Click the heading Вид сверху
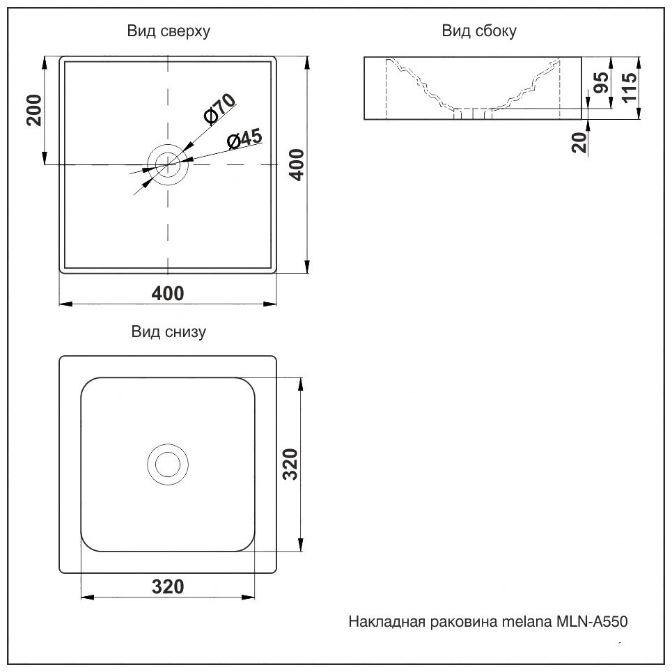pos(168,31)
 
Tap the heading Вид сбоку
pos(478,31)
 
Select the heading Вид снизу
pos(168,332)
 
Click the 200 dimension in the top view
pos(35,109)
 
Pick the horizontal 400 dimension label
pos(168,293)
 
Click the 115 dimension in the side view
pos(629,88)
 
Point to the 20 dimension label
pos(579,143)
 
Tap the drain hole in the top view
pos(168,164)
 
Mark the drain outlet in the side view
pos(474,114)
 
